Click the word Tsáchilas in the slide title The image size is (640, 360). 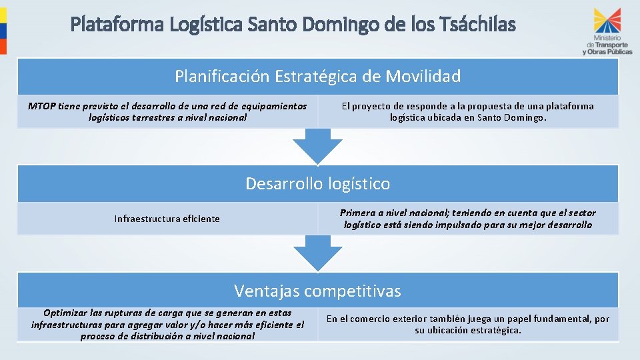pos(479,25)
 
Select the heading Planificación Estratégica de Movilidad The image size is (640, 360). pos(317,77)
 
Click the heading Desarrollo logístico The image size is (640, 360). pos(317,183)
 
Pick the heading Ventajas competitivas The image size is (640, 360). pos(317,291)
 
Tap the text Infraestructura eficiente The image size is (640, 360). pos(167,219)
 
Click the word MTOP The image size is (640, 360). pos(42,106)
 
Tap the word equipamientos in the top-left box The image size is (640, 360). pos(275,106)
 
